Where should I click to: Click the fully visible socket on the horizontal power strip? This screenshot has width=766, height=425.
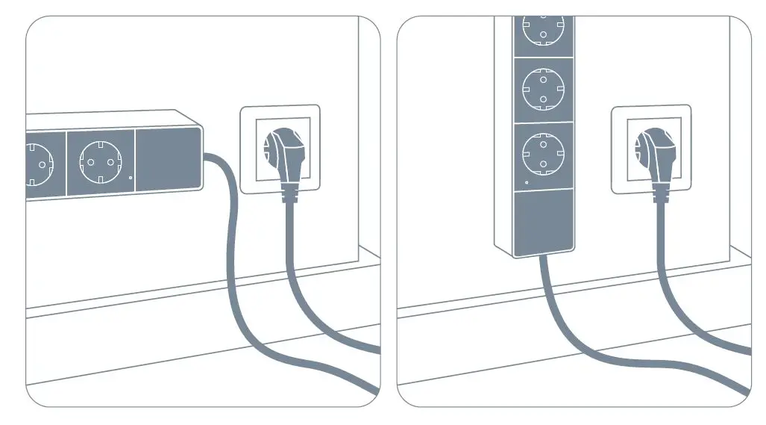[101, 161]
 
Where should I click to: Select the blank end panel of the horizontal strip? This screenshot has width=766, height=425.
[168, 159]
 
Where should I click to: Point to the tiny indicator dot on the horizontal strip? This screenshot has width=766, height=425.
[130, 178]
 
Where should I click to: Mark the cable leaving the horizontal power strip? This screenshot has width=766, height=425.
[231, 224]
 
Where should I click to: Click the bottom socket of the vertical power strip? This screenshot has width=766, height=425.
[544, 153]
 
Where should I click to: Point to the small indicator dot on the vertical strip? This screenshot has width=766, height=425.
[527, 182]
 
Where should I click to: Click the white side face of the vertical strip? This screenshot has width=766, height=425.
[505, 134]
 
